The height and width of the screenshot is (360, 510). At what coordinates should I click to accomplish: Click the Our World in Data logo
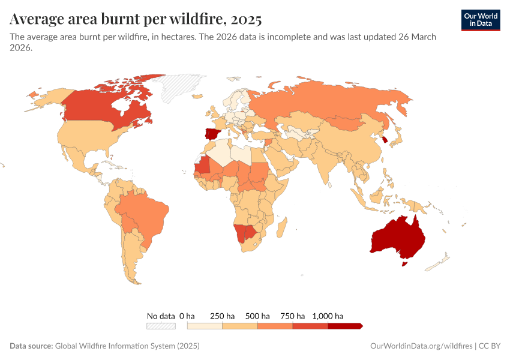[x=481, y=20]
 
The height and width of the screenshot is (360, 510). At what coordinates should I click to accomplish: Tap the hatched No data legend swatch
[x=161, y=326]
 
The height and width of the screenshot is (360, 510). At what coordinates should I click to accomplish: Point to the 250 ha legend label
[x=222, y=316]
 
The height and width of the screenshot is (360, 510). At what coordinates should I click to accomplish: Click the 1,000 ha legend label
[x=328, y=316]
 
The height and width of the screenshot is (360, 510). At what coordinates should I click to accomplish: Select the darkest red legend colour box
[x=344, y=326]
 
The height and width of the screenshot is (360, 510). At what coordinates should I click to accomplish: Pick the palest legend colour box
[x=205, y=326]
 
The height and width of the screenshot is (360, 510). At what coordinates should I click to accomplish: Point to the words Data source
[x=31, y=346]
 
